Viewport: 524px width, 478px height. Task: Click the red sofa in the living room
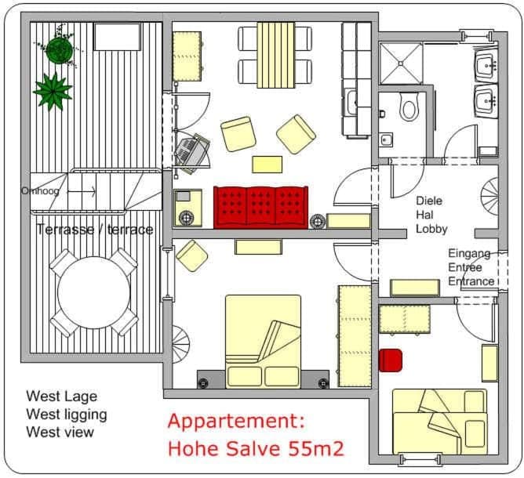[x=260, y=206]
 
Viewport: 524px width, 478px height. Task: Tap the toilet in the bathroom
[x=408, y=106]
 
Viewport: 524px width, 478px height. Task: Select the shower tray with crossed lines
[x=400, y=63]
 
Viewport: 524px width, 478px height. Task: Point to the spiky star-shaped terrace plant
[x=52, y=90]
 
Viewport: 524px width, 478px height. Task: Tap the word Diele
[x=429, y=201]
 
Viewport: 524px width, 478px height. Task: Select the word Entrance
[x=471, y=281]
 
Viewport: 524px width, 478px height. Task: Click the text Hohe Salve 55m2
[x=255, y=449]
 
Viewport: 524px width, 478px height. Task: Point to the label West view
[x=60, y=432]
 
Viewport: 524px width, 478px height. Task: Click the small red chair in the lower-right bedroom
[x=390, y=360]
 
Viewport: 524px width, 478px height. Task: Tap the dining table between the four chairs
[x=275, y=54]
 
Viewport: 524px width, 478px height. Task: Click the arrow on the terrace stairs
[x=83, y=190]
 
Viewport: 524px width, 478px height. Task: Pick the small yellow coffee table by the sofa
[x=267, y=164]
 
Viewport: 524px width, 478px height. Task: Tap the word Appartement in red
[x=235, y=421]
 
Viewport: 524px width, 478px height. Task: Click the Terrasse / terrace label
[x=94, y=230]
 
